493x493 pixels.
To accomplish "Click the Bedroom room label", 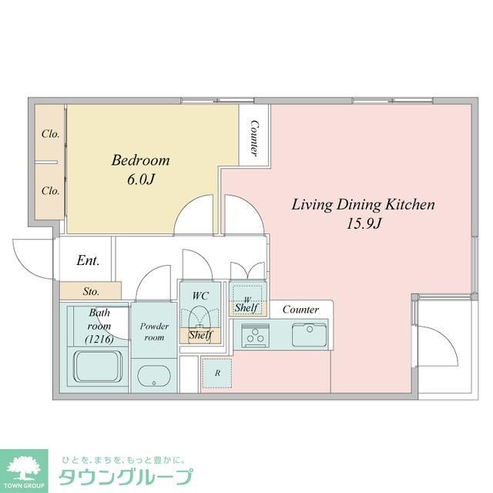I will pyautogui.click(x=140, y=161).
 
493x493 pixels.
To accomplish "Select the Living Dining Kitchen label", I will pyautogui.click(x=364, y=205).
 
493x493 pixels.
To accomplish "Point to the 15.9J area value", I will pyautogui.click(x=364, y=224).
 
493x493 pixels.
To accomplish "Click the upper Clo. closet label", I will pyautogui.click(x=50, y=133).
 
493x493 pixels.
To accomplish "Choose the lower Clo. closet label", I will pyautogui.click(x=50, y=190).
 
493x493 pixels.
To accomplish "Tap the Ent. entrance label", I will pyautogui.click(x=88, y=261).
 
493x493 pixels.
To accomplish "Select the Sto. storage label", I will pyautogui.click(x=91, y=292).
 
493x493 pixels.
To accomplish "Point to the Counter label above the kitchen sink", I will pyautogui.click(x=300, y=310).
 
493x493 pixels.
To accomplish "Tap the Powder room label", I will pyautogui.click(x=153, y=332).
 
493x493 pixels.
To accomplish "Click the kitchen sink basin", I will pyautogui.click(x=310, y=335).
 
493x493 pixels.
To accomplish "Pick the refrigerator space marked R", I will pyautogui.click(x=216, y=373).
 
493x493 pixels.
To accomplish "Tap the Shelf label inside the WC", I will pyautogui.click(x=200, y=335).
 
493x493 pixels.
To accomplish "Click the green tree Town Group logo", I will pyautogui.click(x=24, y=468).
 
